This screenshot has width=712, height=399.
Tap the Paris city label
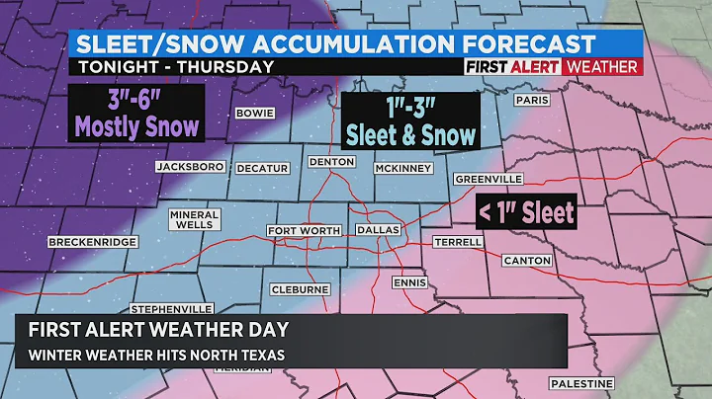[x=532, y=101]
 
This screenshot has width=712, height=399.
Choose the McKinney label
[x=401, y=168]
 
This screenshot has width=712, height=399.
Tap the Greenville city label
[x=489, y=180]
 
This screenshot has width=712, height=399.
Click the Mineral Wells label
[x=194, y=219]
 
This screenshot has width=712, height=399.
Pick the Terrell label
[x=458, y=242]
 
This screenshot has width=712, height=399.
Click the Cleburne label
[x=301, y=289]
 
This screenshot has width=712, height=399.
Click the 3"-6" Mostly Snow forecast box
[x=135, y=112]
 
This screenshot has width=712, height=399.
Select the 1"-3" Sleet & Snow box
[x=408, y=121]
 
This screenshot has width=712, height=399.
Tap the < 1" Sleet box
[x=526, y=210]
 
